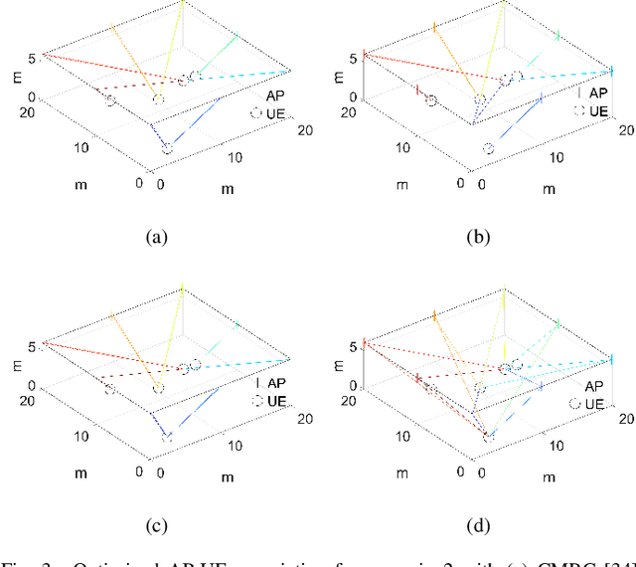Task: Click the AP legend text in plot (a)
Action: (275, 94)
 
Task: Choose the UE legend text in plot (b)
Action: (598, 111)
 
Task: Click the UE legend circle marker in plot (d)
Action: (576, 404)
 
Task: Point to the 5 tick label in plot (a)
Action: (33, 58)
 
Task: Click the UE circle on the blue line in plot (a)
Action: (167, 147)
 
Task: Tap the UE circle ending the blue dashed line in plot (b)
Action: (489, 148)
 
